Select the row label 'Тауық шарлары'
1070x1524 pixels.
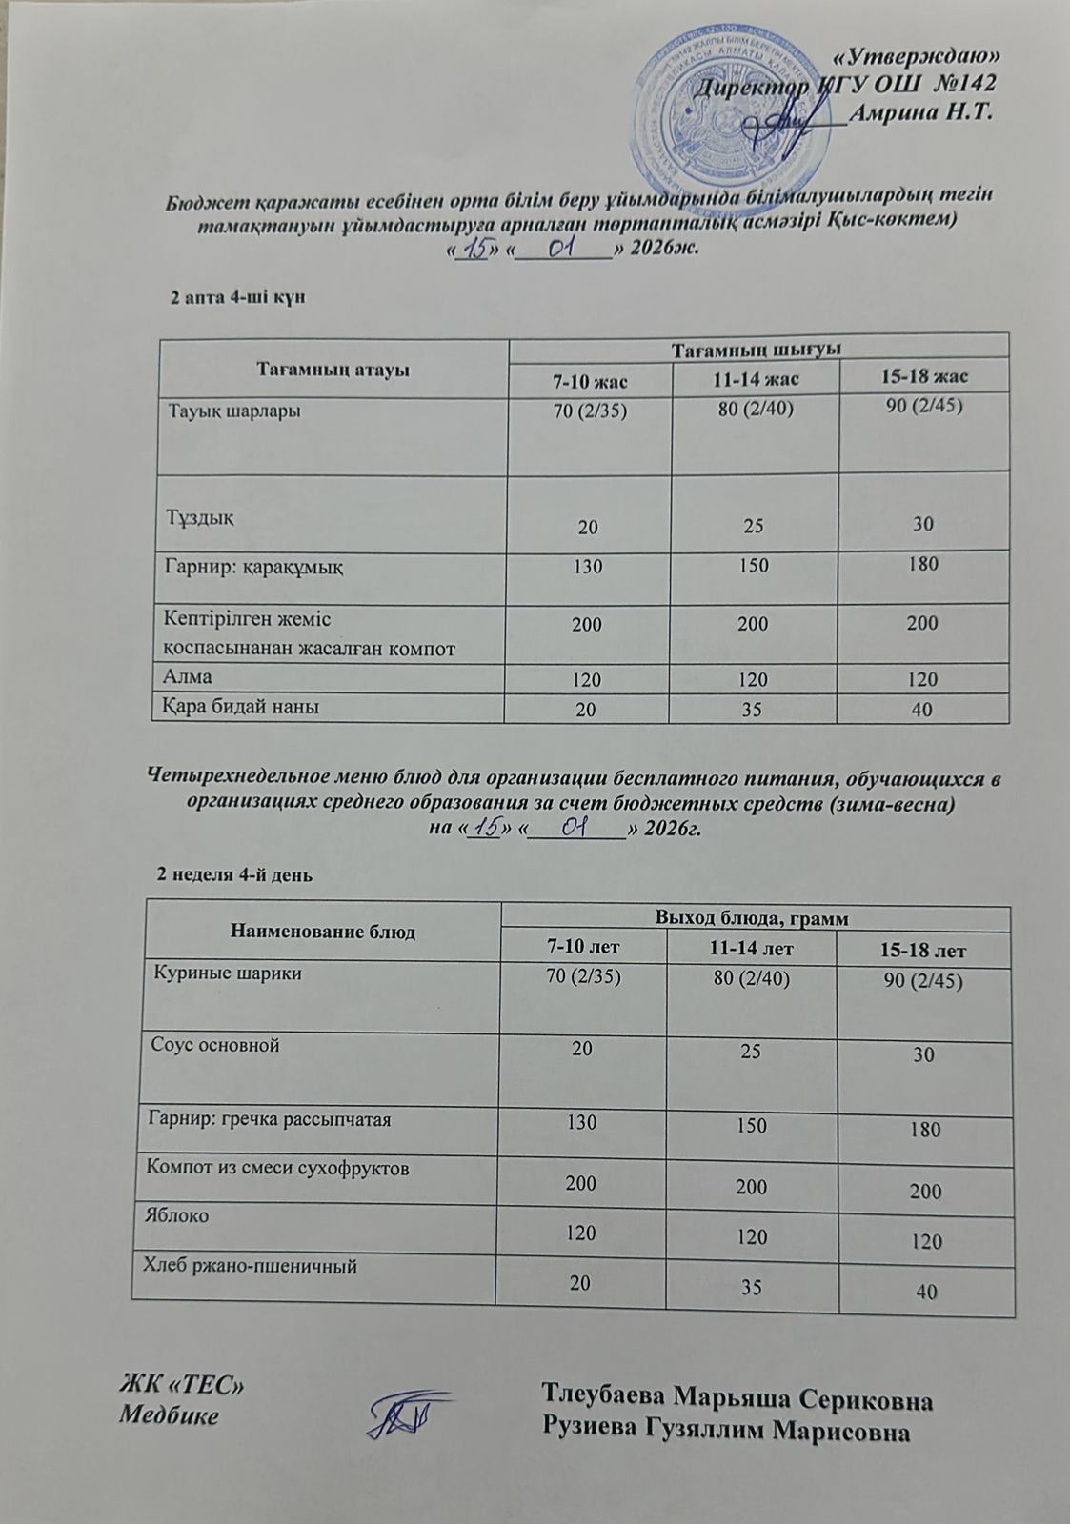(235, 412)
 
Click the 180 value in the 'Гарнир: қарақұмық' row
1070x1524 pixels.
(923, 564)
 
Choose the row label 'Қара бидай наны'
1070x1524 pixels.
(243, 707)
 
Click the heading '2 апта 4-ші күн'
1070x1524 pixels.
(236, 298)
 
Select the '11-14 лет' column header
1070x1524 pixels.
(752, 949)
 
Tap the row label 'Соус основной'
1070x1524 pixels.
(215, 1045)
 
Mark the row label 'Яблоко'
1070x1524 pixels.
(177, 1216)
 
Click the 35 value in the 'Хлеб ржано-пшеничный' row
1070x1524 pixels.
(752, 1287)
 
